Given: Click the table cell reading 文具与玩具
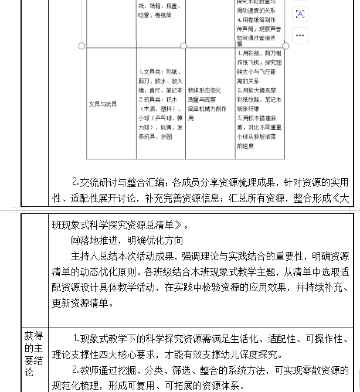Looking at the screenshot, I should click(103, 104).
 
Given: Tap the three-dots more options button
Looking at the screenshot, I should click(300, 35).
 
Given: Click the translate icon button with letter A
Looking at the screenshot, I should click(300, 14).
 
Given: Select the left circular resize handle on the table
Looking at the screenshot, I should click(81, 46).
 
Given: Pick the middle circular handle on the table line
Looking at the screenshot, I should click(184, 46).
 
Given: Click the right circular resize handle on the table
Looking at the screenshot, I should click(286, 46).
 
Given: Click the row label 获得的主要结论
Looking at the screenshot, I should click(33, 354).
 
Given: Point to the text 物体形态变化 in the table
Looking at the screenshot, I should click(205, 91).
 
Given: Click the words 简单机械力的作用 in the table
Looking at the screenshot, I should click(207, 109).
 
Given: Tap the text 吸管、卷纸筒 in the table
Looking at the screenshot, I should click(155, 16).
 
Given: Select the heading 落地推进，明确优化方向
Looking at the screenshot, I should click(127, 240).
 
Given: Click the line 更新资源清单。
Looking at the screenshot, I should click(83, 304).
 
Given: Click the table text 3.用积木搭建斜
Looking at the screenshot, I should click(259, 118).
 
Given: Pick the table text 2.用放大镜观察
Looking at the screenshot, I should click(257, 90).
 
